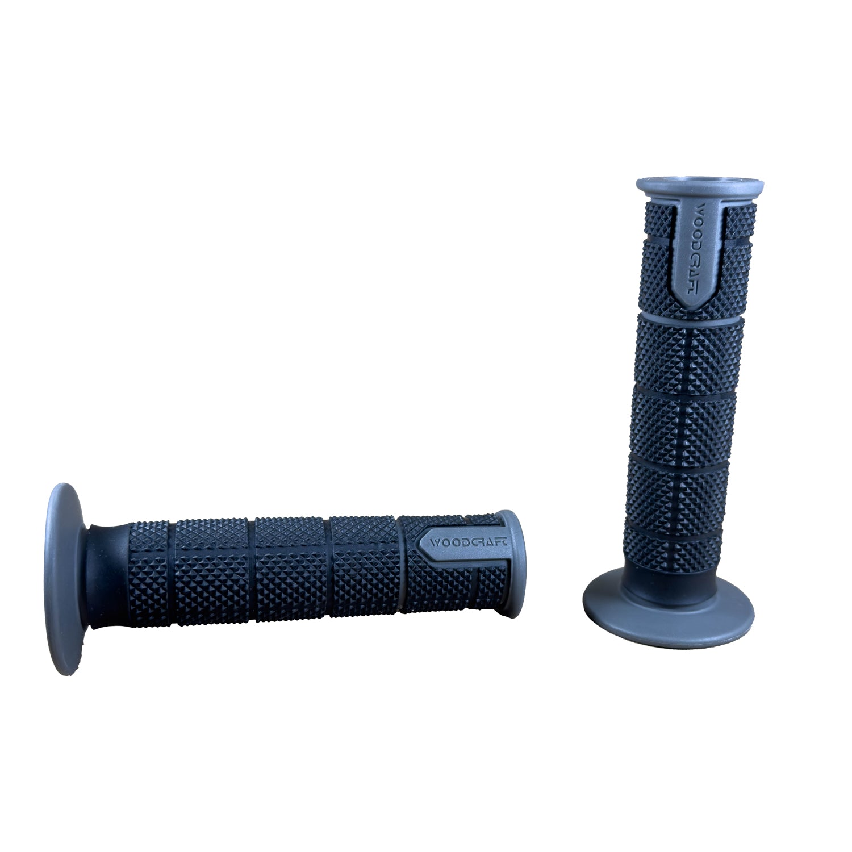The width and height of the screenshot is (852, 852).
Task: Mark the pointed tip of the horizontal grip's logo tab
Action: tap(421, 542)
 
